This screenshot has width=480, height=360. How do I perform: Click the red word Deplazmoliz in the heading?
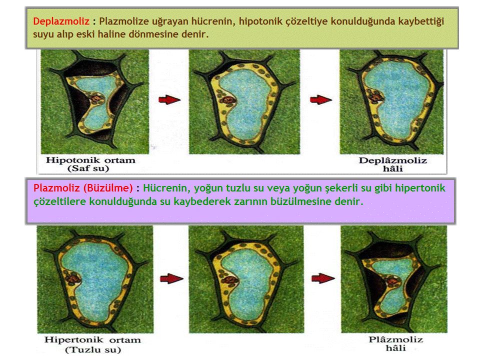(x=61, y=21)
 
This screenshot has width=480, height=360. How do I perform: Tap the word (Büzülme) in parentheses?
(x=108, y=187)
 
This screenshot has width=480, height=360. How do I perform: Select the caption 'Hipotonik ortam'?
(x=90, y=160)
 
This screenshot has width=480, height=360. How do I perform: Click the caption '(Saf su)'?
(x=88, y=168)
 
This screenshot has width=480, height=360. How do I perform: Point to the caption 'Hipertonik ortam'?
(x=92, y=340)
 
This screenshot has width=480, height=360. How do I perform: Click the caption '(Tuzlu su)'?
(x=93, y=349)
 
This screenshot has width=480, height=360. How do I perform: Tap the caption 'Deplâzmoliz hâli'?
(x=393, y=164)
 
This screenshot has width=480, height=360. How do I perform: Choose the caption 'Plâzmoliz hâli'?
(x=396, y=344)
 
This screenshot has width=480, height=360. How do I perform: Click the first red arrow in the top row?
(x=169, y=99)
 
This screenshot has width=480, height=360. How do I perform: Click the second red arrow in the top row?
(x=321, y=99)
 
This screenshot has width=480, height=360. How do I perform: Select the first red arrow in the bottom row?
(x=171, y=278)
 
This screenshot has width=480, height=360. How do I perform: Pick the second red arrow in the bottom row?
(x=323, y=278)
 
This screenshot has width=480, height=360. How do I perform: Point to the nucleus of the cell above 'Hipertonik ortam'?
(x=73, y=278)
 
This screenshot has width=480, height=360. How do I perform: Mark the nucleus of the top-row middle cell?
(x=227, y=100)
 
